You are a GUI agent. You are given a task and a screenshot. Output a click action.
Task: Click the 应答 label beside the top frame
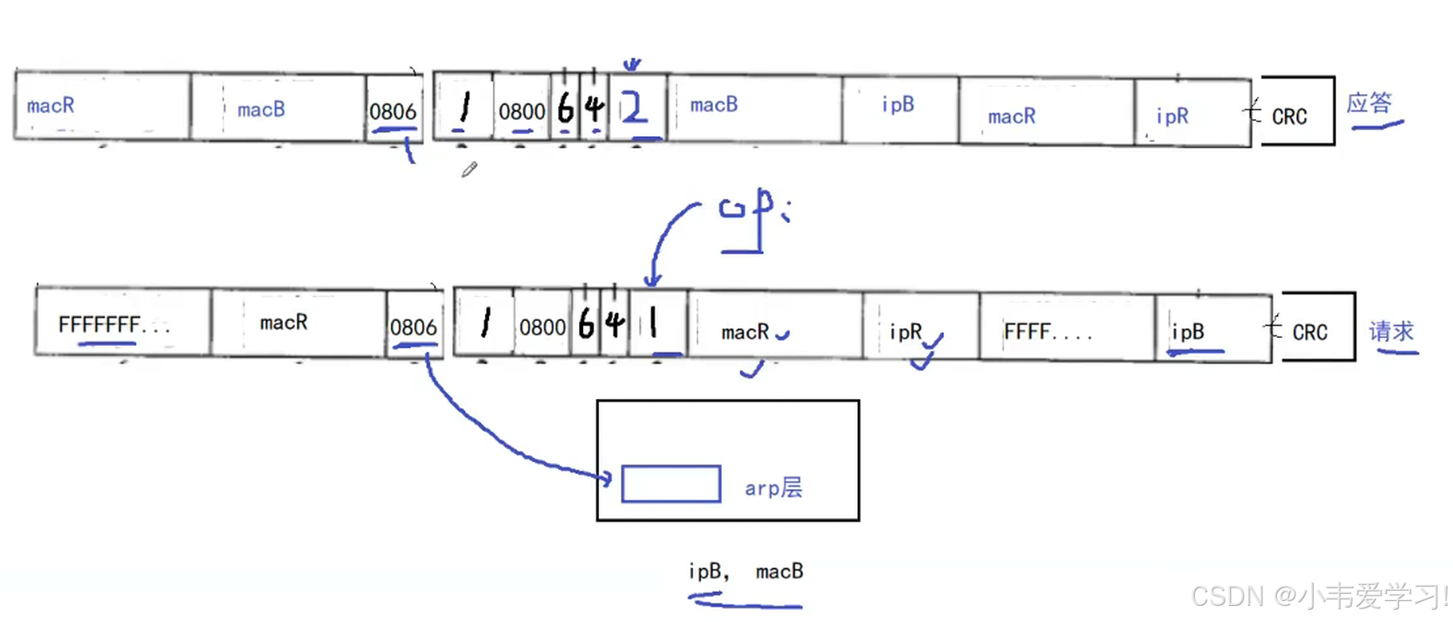(1369, 104)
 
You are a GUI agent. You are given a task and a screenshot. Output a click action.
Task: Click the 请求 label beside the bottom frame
(1390, 332)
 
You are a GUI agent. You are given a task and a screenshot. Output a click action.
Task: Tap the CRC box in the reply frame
(1296, 112)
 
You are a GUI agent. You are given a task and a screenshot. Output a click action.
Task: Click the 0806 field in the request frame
(413, 327)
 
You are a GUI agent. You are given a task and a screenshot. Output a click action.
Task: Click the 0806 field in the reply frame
(392, 111)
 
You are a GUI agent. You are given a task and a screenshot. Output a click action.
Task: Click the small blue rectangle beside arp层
(671, 484)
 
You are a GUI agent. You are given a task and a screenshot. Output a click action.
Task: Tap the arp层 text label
(773, 488)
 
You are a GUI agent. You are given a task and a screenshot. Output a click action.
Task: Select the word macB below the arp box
(778, 571)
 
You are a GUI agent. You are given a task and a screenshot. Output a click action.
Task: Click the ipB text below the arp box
(705, 571)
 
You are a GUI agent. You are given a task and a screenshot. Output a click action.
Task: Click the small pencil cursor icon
(470, 169)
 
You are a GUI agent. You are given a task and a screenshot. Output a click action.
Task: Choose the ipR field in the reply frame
(1191, 115)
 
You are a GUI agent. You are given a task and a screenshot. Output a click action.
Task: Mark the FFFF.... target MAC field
(1065, 330)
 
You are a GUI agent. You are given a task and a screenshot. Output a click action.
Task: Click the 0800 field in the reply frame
(522, 111)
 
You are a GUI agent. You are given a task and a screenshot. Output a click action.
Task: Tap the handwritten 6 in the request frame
(586, 324)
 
